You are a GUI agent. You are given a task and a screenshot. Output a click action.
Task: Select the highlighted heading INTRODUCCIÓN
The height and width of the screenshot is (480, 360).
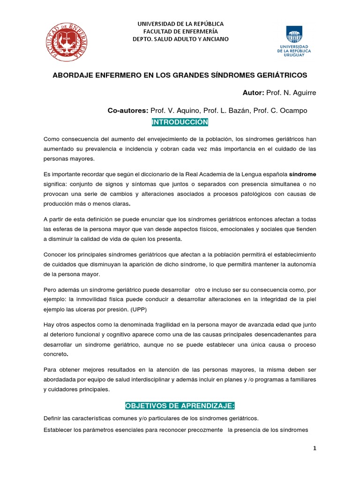pyautogui.click(x=180, y=122)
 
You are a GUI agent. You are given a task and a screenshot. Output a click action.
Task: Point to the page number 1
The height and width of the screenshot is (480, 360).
pyautogui.click(x=315, y=449)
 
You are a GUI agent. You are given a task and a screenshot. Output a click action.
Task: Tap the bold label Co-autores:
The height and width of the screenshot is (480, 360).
pyautogui.click(x=127, y=110)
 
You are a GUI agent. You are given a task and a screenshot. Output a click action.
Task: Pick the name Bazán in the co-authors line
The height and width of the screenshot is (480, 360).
pyautogui.click(x=237, y=110)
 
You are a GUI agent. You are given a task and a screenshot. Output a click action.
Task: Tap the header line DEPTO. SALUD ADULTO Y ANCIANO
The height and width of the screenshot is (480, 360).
pyautogui.click(x=180, y=39)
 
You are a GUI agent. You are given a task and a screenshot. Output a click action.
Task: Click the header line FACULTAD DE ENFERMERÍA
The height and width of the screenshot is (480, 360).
pyautogui.click(x=180, y=31)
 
